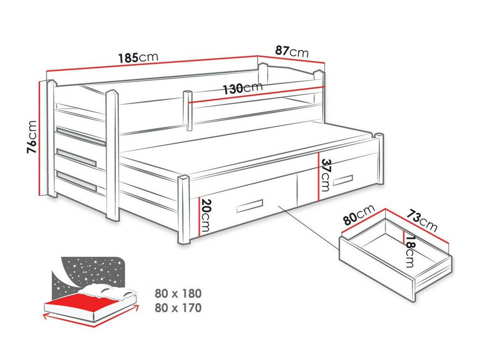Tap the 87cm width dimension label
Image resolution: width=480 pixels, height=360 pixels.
click(x=292, y=51)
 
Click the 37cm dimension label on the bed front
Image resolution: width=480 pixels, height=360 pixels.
click(x=326, y=175)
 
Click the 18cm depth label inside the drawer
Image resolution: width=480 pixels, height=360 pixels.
click(x=410, y=251)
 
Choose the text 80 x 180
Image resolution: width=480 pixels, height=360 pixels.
click(x=178, y=294)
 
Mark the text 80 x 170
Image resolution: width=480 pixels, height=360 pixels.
click(x=178, y=308)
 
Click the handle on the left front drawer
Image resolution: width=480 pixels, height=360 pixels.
click(x=250, y=206)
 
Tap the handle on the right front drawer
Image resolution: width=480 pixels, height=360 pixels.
click(x=343, y=180)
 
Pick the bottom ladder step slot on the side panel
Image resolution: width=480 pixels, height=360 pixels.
click(x=76, y=180)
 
